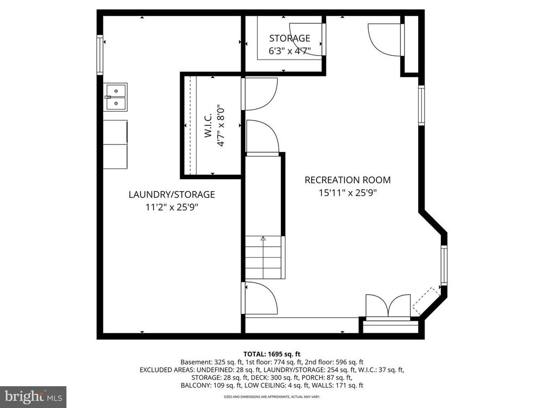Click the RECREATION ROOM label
coord(347,180)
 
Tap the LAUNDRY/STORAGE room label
coord(172,194)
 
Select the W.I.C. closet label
coord(208,125)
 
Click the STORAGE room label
coord(290,38)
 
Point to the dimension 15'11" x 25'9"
coord(347,193)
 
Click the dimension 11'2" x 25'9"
coord(172,208)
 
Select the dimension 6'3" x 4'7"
coord(290,51)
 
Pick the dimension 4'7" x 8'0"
coord(222,125)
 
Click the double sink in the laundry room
coord(115,97)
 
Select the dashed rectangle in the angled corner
coord(427,300)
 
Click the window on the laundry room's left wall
coord(99,54)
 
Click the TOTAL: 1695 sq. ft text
coord(271,353)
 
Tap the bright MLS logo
coord(33,396)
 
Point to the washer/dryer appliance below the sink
coord(115,144)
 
